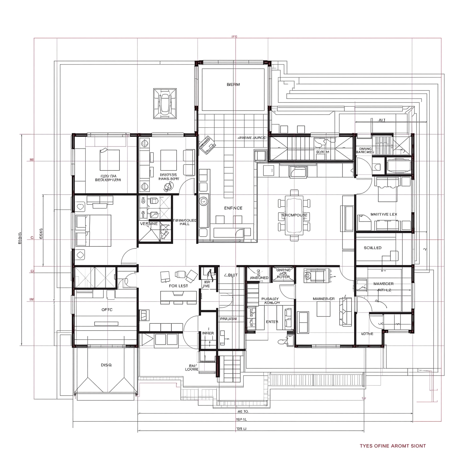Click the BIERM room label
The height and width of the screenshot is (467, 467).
pyautogui.click(x=233, y=85)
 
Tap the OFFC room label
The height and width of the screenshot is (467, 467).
pyautogui.click(x=107, y=310)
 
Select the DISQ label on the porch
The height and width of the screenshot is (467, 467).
pyautogui.click(x=106, y=365)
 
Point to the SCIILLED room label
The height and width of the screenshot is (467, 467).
pyautogui.click(x=372, y=248)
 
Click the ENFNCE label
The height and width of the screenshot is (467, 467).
pyautogui.click(x=233, y=208)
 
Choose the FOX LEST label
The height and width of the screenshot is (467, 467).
pyautogui.click(x=178, y=286)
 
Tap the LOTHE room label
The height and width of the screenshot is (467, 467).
pyautogui.click(x=367, y=334)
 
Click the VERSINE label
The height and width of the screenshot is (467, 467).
pyautogui.click(x=149, y=224)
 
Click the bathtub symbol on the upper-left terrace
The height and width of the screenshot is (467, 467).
pyautogui.click(x=165, y=103)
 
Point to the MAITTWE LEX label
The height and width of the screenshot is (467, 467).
pyautogui.click(x=384, y=214)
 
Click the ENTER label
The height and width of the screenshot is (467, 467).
pyautogui.click(x=272, y=322)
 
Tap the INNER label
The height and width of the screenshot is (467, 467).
pyautogui.click(x=208, y=333)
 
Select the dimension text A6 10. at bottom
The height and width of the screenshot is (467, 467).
pyautogui.click(x=243, y=411)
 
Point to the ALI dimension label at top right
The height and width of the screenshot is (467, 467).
pyautogui.click(x=382, y=120)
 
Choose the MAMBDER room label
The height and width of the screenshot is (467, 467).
pyautogui.click(x=383, y=284)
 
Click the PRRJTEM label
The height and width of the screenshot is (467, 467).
pyautogui.click(x=228, y=319)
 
